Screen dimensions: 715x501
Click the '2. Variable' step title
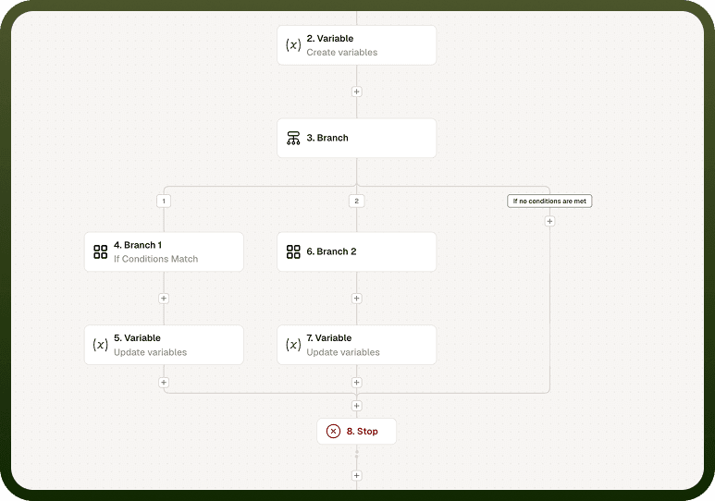[x=329, y=38]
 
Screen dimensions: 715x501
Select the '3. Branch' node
[x=357, y=138]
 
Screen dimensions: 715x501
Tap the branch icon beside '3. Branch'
[x=293, y=138]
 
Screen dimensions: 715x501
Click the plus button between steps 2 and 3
[x=357, y=92]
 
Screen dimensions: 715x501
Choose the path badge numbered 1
[x=164, y=201]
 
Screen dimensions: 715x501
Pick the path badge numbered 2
[x=357, y=201]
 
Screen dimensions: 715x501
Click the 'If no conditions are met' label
[x=549, y=201]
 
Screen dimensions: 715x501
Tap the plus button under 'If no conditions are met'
[x=550, y=221]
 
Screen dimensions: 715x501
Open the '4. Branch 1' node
[x=164, y=252]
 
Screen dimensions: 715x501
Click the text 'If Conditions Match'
[x=156, y=259]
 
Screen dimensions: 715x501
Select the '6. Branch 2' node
[x=357, y=252]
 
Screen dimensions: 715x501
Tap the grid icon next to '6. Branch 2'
[x=293, y=251]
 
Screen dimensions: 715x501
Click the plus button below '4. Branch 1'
[x=164, y=299]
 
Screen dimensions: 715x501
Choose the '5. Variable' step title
[x=137, y=337]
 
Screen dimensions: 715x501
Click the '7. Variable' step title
[x=328, y=337]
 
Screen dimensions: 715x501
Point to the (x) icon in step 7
[x=293, y=345]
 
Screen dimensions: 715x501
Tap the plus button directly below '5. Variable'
[x=164, y=383]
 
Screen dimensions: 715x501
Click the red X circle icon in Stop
[x=333, y=432]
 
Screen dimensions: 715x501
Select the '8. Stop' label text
[x=362, y=432]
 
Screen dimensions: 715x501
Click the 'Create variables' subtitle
[x=342, y=53]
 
